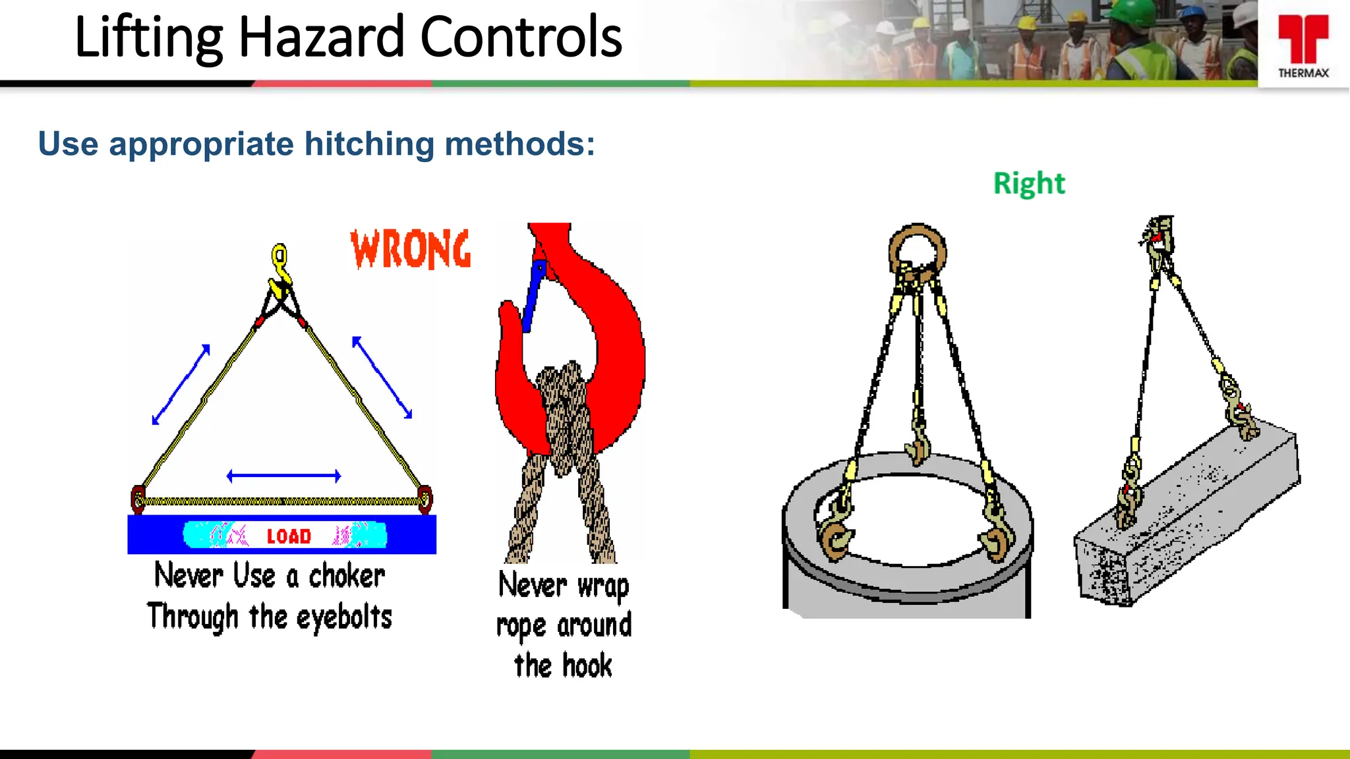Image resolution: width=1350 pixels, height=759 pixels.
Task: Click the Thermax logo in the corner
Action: coord(1303,45)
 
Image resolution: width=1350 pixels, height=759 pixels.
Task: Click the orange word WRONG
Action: coord(411,249)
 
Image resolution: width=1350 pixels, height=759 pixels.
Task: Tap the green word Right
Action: coord(1028,183)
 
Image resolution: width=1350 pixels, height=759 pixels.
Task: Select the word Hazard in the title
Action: coord(321,38)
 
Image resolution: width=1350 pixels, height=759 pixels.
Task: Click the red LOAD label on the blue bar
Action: coord(289,536)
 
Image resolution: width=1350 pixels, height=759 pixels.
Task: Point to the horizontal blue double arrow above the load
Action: coord(283,476)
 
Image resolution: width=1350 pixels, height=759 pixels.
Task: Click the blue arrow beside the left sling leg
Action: coord(181,384)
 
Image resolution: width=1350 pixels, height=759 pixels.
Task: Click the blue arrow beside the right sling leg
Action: coord(382,378)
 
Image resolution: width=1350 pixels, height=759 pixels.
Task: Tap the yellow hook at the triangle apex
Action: coord(280,264)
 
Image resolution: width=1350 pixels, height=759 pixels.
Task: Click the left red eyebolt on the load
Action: coord(138,499)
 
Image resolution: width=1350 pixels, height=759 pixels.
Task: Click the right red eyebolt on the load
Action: coord(425,499)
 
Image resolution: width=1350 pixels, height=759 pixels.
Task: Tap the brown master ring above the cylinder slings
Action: coord(918,250)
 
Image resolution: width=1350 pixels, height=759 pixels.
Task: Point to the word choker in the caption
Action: coord(347,576)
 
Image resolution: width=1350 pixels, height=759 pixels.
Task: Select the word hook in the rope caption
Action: coord(587,665)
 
